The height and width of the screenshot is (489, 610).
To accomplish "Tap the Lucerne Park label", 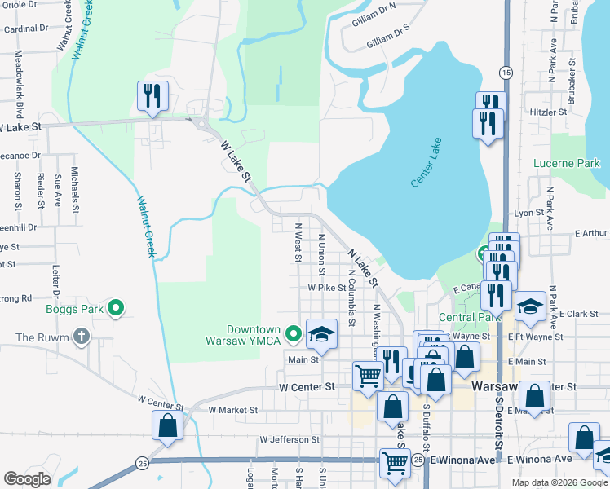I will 566,163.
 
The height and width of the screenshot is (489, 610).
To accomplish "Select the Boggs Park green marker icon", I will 116,309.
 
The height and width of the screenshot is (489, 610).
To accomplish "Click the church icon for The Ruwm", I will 81,336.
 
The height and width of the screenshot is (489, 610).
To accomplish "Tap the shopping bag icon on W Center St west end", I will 167,425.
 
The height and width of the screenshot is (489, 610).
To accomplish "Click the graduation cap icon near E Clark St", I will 530,306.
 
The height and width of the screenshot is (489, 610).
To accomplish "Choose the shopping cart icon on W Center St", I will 368,376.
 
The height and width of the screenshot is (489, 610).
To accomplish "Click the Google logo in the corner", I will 27,479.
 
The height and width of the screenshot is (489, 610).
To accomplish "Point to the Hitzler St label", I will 548,112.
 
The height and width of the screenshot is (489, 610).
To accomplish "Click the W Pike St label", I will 327,288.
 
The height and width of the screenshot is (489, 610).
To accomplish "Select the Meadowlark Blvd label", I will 19,76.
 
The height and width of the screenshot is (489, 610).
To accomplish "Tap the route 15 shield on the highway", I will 506,73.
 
